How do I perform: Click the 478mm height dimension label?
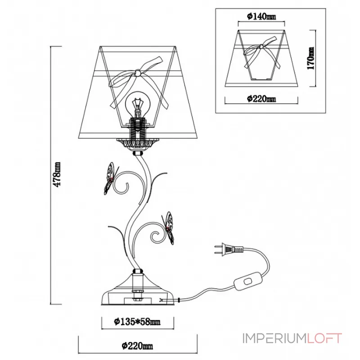click(x=57, y=174)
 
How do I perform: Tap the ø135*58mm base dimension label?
click(x=137, y=321)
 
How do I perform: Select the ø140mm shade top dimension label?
click(x=261, y=16)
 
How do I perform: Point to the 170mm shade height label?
click(x=310, y=58)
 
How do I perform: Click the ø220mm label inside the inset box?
click(x=261, y=99)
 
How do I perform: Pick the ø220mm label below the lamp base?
click(x=137, y=346)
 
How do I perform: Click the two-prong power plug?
click(x=229, y=249)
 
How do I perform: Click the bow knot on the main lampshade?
click(x=138, y=72)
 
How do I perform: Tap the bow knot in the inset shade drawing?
click(x=261, y=47)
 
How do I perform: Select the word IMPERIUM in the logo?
click(x=274, y=338)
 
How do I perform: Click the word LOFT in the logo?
click(x=324, y=338)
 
